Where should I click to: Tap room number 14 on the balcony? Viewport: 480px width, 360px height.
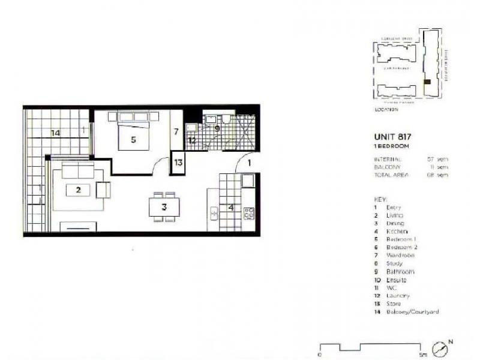pos(55,133)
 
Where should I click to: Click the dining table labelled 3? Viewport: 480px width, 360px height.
pos(163,207)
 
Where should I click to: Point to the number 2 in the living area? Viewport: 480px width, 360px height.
pos(78,190)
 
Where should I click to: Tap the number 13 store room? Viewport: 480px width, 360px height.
pos(178,162)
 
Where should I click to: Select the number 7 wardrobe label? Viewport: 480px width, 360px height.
pos(176,131)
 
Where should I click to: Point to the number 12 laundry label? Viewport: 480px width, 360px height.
pos(192,140)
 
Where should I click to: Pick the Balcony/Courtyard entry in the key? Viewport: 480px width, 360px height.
pos(413,312)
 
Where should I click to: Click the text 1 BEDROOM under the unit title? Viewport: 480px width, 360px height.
pos(391,146)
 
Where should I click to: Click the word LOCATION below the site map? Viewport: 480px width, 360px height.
pos(386,110)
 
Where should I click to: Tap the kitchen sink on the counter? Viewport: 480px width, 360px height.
pos(214,212)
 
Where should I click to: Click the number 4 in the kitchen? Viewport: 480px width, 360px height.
pos(231,208)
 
